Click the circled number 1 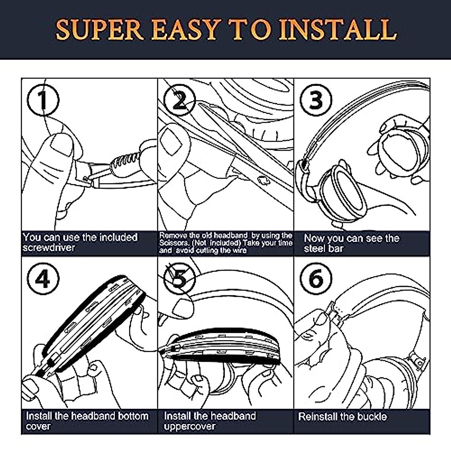pos(44,99)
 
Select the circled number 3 pos(316,99)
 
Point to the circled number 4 pos(44,278)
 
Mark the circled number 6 pos(316,278)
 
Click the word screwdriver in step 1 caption pos(49,248)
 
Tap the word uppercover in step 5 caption pos(190,426)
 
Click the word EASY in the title pos(186,29)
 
